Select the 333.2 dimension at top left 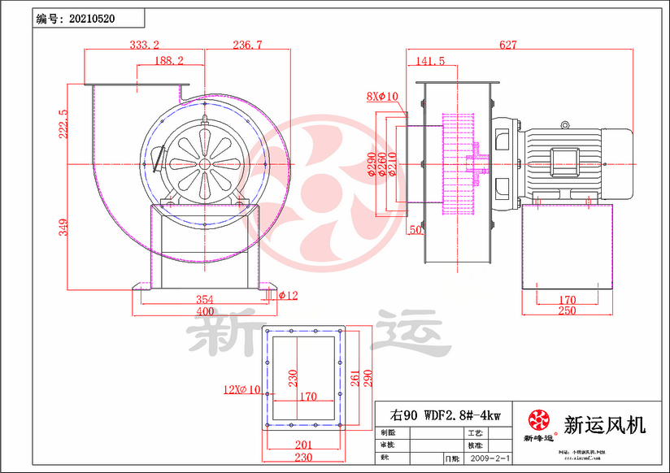(144, 46)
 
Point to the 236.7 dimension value (247, 46)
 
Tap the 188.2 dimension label (168, 61)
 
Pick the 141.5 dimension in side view (430, 61)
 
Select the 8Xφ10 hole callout (381, 97)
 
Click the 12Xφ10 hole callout (241, 389)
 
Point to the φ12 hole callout (288, 295)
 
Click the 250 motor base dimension (567, 310)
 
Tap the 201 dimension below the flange (302, 445)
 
